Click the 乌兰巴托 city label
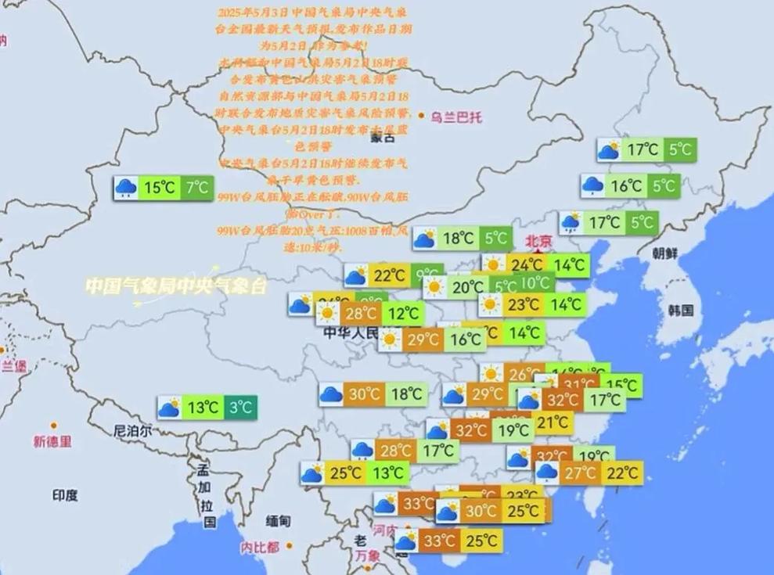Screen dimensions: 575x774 (x=456, y=117)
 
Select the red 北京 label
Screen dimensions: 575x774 (x=538, y=240)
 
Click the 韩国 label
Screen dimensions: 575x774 (x=681, y=310)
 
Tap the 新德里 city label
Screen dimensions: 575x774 (x=52, y=442)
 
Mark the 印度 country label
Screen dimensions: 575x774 (x=65, y=494)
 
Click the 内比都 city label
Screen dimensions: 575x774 (x=260, y=547)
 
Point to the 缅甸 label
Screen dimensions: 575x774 (x=279, y=521)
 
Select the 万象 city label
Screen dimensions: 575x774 (x=367, y=555)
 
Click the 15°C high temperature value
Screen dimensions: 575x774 (x=159, y=188)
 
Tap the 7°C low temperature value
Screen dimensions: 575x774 (x=197, y=188)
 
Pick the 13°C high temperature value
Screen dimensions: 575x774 (x=202, y=408)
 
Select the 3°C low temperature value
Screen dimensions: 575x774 (x=240, y=408)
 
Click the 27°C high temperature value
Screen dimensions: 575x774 (x=581, y=473)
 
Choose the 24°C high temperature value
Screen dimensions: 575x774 (x=527, y=265)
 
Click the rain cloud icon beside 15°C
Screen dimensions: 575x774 (x=125, y=188)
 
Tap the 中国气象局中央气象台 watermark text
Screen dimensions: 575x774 (x=175, y=286)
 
